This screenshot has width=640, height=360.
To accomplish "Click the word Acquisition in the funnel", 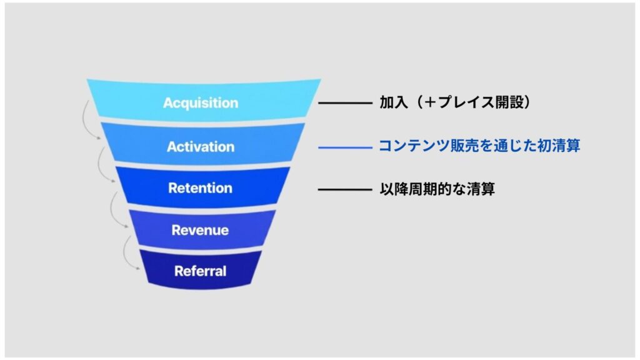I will [201, 102].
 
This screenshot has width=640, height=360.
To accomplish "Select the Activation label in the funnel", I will [201, 147].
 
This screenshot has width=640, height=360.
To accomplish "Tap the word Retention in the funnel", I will [200, 188].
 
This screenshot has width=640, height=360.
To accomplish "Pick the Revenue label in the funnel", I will [200, 230].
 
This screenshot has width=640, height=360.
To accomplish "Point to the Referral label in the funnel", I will [200, 271].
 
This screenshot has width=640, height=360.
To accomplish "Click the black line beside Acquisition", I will [344, 102].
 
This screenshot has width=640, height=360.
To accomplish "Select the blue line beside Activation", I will [344, 147].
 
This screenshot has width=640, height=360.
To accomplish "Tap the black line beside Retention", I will [344, 189].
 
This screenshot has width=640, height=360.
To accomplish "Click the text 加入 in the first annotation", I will [391, 102].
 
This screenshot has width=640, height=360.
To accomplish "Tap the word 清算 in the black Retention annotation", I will [482, 189].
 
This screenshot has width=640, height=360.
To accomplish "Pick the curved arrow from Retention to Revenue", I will [116, 206].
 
